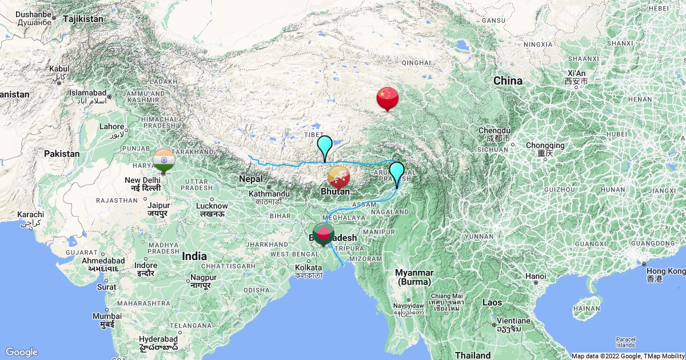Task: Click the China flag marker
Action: [387, 97]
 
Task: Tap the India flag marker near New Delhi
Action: [164, 159]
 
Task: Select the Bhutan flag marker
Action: [338, 178]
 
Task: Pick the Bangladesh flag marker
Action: [324, 234]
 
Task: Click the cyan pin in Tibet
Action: [325, 146]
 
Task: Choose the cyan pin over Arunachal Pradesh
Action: [397, 173]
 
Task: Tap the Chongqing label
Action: [545, 146]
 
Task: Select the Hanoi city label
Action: [536, 276]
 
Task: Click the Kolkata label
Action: [309, 267]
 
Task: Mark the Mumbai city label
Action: [107, 316]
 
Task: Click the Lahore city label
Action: [112, 127]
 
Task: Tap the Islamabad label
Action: [88, 93]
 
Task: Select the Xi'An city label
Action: [576, 73]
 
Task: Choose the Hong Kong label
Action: [667, 271]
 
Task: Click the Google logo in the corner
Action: [22, 352]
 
